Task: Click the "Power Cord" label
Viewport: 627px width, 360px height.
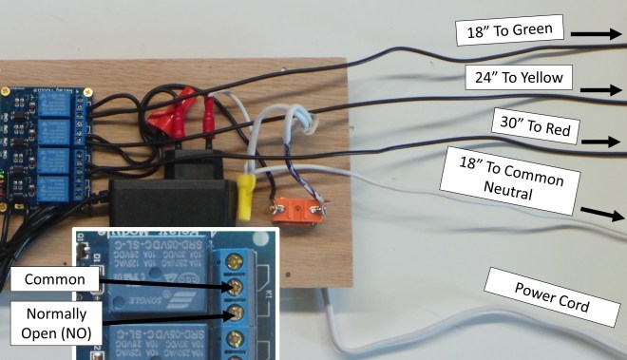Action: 550,294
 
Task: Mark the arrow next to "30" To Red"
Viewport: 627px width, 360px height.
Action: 600,142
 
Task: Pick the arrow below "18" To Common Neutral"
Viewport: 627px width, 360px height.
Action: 598,214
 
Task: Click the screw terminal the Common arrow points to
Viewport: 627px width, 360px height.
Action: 231,287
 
